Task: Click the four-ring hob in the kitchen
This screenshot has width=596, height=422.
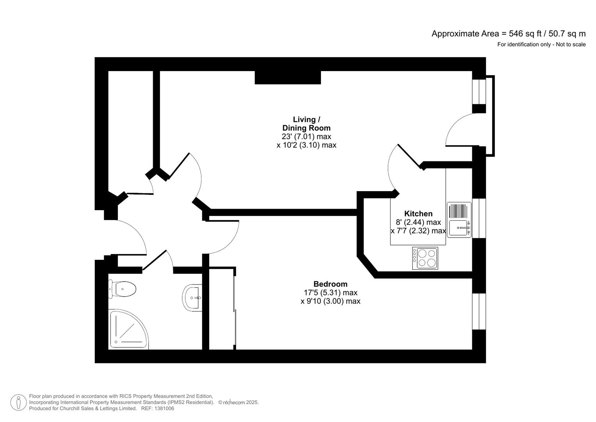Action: point(425,258)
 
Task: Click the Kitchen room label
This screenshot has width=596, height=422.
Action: point(418,214)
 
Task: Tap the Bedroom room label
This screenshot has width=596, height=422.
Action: point(330,284)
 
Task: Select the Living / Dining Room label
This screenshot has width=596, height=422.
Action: point(306,124)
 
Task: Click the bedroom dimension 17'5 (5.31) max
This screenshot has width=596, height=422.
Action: point(330,293)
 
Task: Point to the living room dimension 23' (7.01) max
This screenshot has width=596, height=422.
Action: point(306,136)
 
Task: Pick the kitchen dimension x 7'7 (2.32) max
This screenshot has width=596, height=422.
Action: point(418,231)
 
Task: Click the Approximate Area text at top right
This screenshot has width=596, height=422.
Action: point(508,34)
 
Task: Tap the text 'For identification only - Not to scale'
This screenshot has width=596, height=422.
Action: point(541,45)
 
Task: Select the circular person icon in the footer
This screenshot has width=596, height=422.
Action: point(18,402)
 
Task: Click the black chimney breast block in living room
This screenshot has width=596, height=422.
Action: point(288,77)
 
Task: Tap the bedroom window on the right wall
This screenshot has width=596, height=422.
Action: point(479,311)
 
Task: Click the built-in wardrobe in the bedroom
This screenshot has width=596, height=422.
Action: point(222,309)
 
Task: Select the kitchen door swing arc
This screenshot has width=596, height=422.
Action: point(391,168)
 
